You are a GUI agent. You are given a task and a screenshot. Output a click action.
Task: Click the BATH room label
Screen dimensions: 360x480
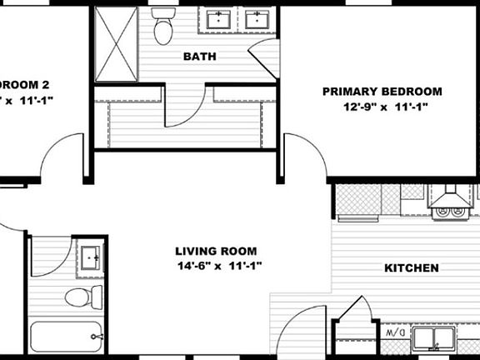(x=199, y=57)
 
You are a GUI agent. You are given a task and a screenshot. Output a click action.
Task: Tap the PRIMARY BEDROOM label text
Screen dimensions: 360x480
(x=382, y=92)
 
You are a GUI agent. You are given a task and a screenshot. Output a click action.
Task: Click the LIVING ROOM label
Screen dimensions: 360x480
(x=216, y=251)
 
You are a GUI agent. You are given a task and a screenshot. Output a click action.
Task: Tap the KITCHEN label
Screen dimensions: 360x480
(x=411, y=268)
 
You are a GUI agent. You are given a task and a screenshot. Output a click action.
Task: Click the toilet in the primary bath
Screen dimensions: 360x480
(x=163, y=27)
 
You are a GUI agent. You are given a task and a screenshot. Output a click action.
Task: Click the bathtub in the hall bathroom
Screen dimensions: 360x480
(x=67, y=338)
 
